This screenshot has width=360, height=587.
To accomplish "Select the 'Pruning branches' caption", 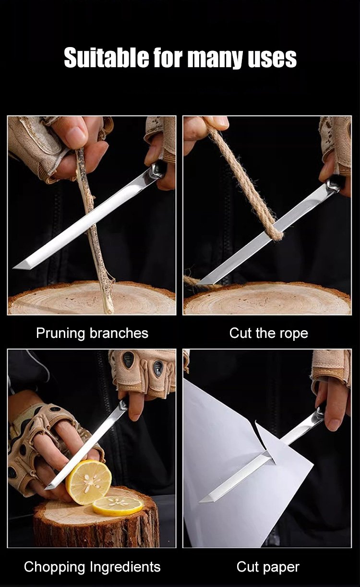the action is click(x=92, y=334).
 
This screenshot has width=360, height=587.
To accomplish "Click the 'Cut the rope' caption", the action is click(x=268, y=333).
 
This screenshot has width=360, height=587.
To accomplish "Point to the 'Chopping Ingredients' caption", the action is click(x=92, y=567).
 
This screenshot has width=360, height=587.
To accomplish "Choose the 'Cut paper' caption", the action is click(x=268, y=567).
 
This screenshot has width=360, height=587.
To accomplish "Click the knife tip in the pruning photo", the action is click(x=13, y=268).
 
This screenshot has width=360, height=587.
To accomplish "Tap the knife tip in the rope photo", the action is click(x=197, y=284).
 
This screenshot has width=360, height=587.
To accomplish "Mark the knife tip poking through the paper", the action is click(x=200, y=502).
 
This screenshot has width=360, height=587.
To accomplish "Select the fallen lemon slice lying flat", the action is click(x=118, y=505).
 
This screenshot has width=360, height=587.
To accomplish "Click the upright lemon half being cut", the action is click(x=88, y=482).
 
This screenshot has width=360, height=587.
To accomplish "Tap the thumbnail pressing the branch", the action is click(x=76, y=135).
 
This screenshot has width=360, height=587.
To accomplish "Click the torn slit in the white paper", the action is click(x=264, y=441).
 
